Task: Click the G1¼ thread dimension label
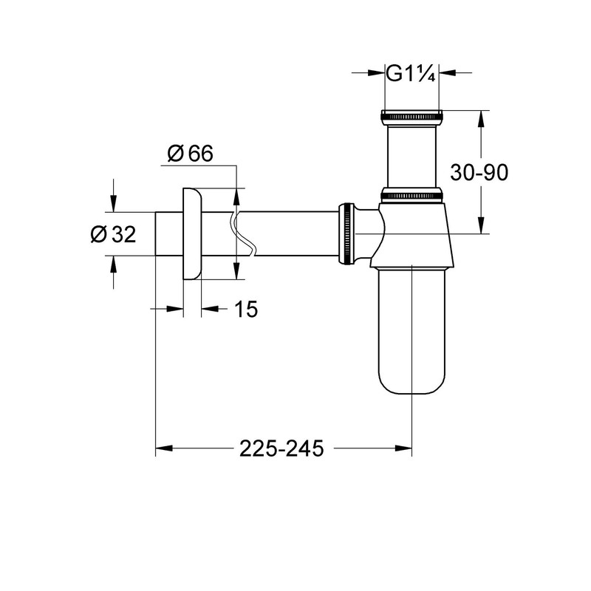pyautogui.click(x=411, y=73)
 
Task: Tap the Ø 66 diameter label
pyautogui.click(x=189, y=154)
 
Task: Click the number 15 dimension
pyautogui.click(x=246, y=310)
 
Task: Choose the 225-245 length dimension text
pyautogui.click(x=281, y=448)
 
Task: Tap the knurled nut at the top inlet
pyautogui.click(x=411, y=116)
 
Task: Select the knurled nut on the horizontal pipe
pyautogui.click(x=346, y=233)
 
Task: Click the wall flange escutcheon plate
pyautogui.click(x=191, y=233)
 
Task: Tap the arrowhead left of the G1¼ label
pyautogui.click(x=376, y=73)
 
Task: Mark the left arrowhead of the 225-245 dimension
pyautogui.click(x=163, y=448)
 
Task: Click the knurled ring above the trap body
pyautogui.click(x=411, y=196)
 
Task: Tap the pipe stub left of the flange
pyautogui.click(x=167, y=233)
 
